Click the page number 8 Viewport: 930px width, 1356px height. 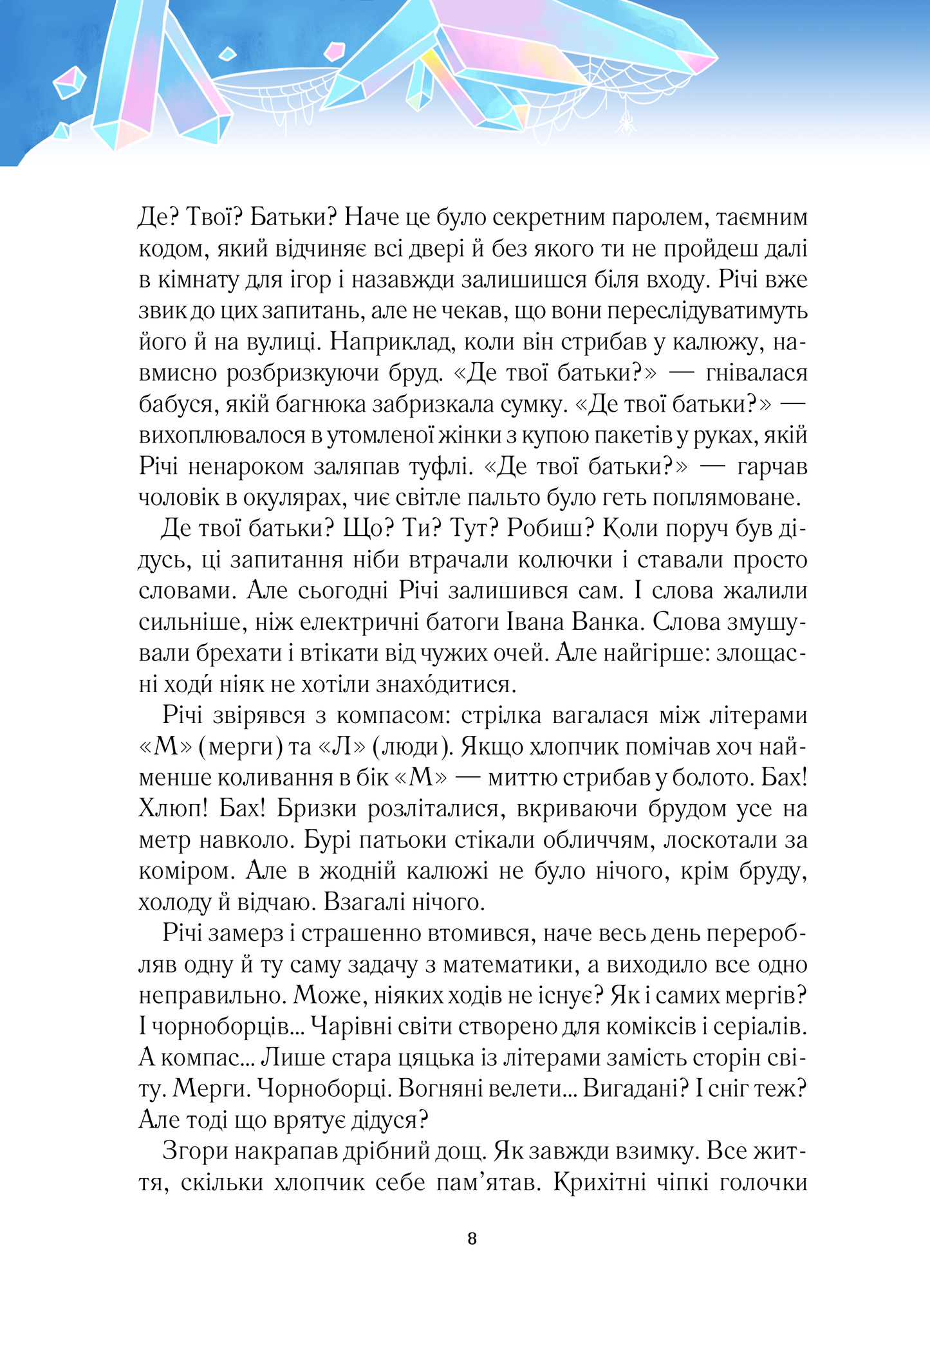click(x=472, y=1239)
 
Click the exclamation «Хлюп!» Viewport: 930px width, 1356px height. click(x=173, y=809)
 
